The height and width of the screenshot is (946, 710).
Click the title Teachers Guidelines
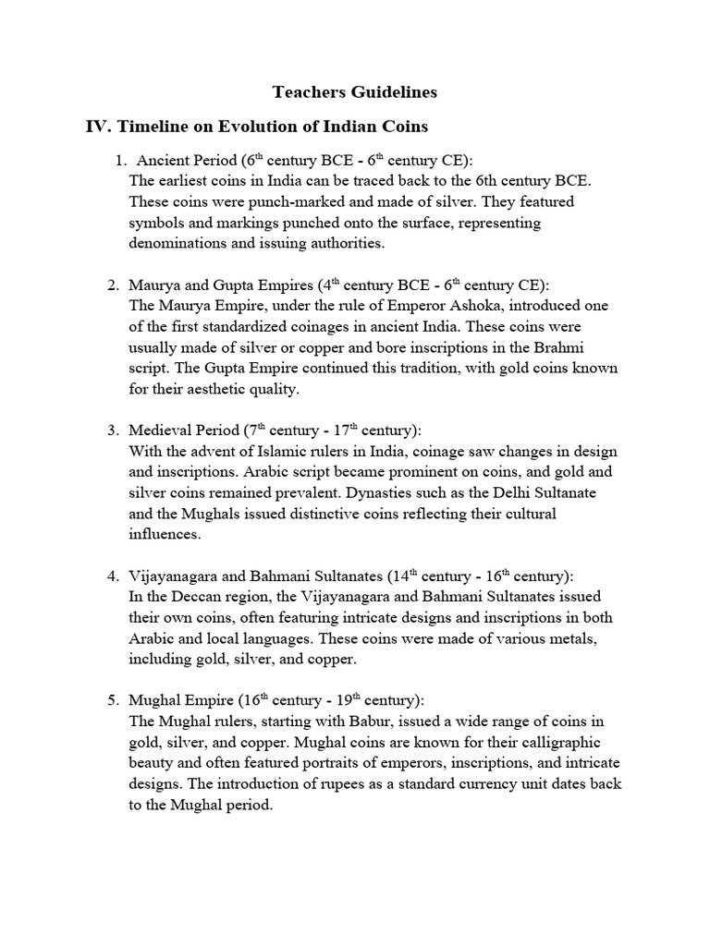coord(354,92)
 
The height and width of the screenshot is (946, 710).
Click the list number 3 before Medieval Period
coord(113,431)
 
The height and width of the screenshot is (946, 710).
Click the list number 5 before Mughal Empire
coord(113,699)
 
